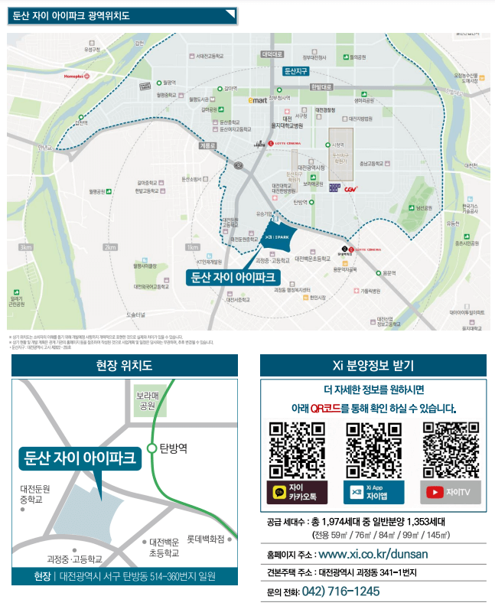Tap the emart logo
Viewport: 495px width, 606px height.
[x=258, y=99]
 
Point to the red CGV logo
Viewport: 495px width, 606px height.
[x=351, y=189]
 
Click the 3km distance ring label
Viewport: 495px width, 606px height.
[x=26, y=247]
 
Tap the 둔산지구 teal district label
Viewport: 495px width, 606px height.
[x=295, y=71]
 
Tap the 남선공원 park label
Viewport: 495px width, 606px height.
[x=425, y=207]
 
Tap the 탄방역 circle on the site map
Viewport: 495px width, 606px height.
[x=152, y=448]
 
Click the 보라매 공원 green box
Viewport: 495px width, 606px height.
[x=146, y=401]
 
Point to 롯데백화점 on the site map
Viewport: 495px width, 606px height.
[x=207, y=539]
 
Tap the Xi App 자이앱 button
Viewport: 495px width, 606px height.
[x=373, y=492]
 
